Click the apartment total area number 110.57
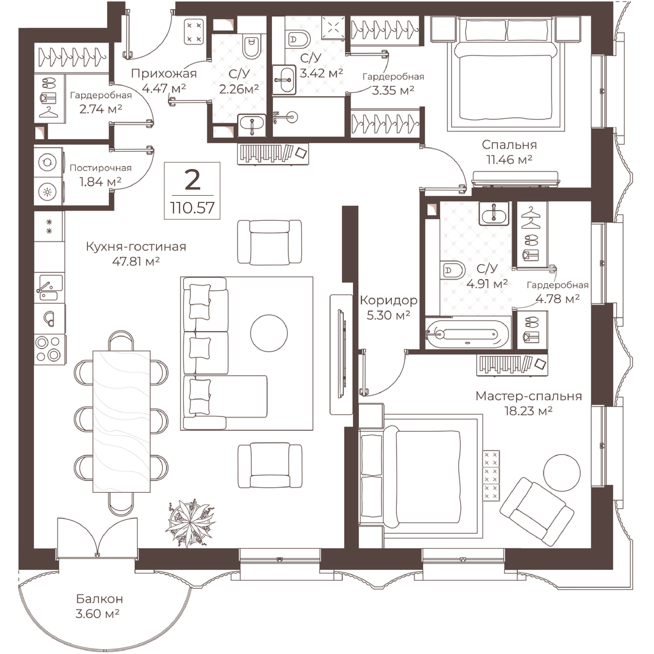[192, 207]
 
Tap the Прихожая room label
[164, 73]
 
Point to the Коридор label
[388, 300]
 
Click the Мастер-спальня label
[528, 396]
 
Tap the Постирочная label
[100, 168]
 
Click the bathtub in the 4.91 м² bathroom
[467, 335]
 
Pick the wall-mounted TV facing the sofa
[341, 354]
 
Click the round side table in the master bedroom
[562, 473]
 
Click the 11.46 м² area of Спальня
[509, 159]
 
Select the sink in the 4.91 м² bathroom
[494, 214]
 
